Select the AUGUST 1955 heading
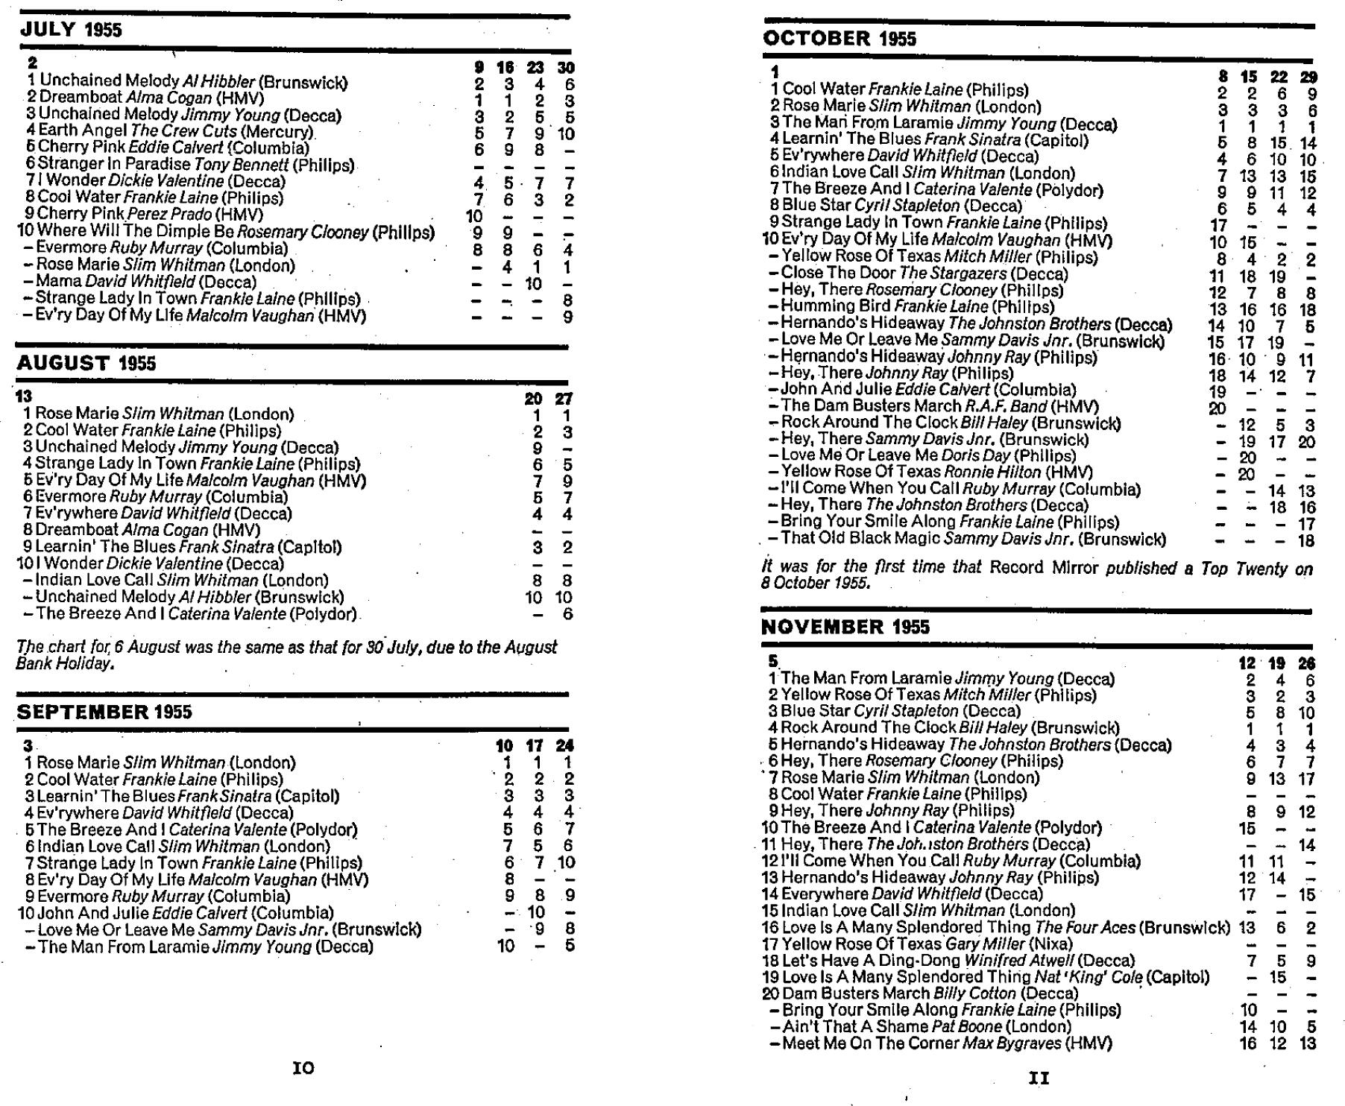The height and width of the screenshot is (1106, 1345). click(86, 364)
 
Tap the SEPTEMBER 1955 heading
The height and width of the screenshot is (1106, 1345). click(104, 712)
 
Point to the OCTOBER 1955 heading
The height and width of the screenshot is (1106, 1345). click(840, 39)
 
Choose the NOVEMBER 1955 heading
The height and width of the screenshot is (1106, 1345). click(843, 627)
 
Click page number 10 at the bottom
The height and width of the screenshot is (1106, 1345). click(303, 1068)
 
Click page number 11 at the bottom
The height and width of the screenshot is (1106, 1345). click(1039, 1077)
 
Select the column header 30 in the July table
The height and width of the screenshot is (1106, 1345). click(566, 68)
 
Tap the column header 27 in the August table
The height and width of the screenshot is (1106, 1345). click(563, 399)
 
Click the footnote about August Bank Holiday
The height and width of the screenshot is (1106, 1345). click(286, 655)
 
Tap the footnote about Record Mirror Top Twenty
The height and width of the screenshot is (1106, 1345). click(1036, 575)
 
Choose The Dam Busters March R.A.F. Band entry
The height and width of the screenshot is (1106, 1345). click(939, 406)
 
